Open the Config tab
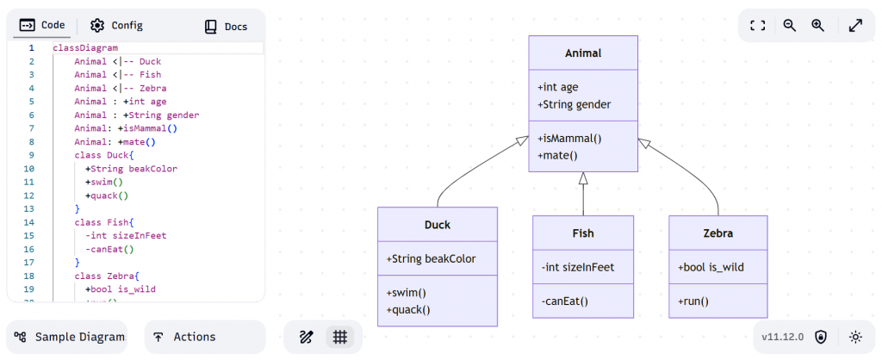point(116,26)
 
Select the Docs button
point(226,27)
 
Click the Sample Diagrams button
point(69,337)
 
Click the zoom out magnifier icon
point(789,26)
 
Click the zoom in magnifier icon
point(818,26)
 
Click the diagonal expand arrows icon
point(855,26)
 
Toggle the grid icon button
point(340,337)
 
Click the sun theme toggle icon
point(855,337)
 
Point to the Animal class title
point(583,53)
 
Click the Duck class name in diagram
point(437,225)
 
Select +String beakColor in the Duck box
point(431,258)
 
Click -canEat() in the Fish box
point(565,301)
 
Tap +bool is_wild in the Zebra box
point(711,267)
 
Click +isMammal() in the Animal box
point(569,138)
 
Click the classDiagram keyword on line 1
point(85,48)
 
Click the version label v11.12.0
point(782,337)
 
